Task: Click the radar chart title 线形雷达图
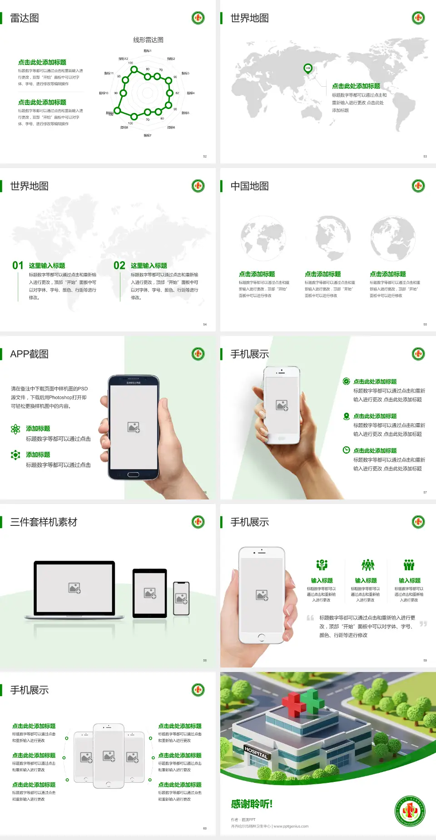[x=148, y=40]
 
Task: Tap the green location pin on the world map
[x=308, y=69]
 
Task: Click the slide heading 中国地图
[x=249, y=186]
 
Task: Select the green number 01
[x=18, y=266]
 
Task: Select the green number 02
[x=119, y=266]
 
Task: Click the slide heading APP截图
[x=29, y=354]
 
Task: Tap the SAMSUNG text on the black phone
[x=133, y=383]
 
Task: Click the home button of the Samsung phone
[x=133, y=474]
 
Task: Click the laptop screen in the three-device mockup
[x=74, y=588]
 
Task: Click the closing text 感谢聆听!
[x=252, y=804]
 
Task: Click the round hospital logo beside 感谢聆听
[x=410, y=810]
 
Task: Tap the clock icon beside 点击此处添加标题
[x=346, y=450]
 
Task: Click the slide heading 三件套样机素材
[x=44, y=522]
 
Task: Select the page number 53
[x=425, y=156]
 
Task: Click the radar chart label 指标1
[x=148, y=51]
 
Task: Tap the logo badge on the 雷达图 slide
[x=198, y=18]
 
